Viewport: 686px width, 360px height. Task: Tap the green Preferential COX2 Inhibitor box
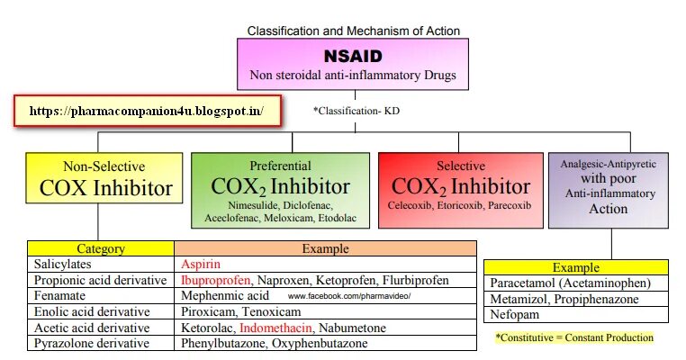(280, 189)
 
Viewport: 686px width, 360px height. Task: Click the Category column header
(100, 249)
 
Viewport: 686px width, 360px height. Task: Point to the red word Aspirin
(201, 265)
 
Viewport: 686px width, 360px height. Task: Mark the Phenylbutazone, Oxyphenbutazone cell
(272, 343)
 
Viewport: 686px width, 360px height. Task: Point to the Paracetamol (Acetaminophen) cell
(570, 283)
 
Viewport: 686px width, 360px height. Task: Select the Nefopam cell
(514, 314)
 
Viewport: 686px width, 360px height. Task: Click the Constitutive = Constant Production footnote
(573, 337)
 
